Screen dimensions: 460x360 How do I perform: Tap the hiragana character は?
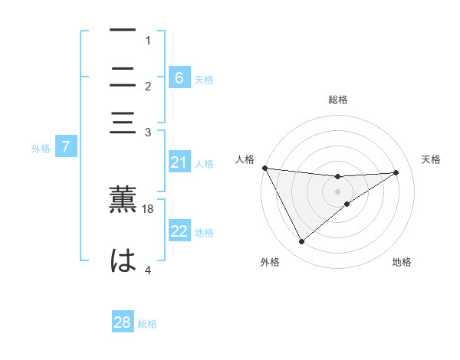pyautogui.click(x=123, y=260)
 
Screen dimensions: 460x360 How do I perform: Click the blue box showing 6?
pyautogui.click(x=179, y=77)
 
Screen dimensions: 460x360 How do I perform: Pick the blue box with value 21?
pyautogui.click(x=179, y=162)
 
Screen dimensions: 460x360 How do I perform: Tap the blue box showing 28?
pyautogui.click(x=122, y=322)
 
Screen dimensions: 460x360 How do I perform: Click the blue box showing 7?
pyautogui.click(x=65, y=147)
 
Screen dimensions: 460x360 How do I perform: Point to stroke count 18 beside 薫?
pyautogui.click(x=148, y=208)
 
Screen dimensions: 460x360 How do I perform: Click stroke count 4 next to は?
pyautogui.click(x=148, y=270)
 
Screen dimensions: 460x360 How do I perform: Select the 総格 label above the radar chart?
pyautogui.click(x=338, y=100)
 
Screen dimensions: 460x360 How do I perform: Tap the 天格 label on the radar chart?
pyautogui.click(x=431, y=159)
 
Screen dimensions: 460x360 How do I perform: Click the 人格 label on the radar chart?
pyautogui.click(x=245, y=159)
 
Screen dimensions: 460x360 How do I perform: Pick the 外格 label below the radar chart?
pyautogui.click(x=270, y=263)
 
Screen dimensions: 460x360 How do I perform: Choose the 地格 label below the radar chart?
pyautogui.click(x=402, y=263)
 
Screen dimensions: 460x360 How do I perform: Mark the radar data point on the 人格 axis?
pyautogui.click(x=264, y=168)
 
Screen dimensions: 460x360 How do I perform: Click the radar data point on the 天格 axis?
pyautogui.click(x=396, y=172)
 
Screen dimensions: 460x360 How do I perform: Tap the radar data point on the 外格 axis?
pyautogui.click(x=301, y=242)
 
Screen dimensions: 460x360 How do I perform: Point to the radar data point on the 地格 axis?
pyautogui.click(x=347, y=204)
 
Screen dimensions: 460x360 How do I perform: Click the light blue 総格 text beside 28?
pyautogui.click(x=147, y=324)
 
